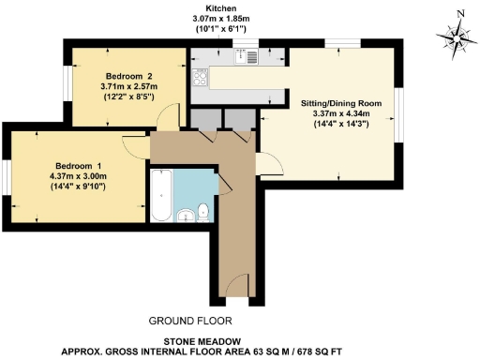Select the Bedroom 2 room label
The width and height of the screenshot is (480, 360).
(x=129, y=74)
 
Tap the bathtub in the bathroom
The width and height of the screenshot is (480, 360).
(x=160, y=195)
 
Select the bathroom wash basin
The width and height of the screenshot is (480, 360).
(x=185, y=215)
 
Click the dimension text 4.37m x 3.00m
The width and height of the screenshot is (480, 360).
(x=75, y=177)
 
